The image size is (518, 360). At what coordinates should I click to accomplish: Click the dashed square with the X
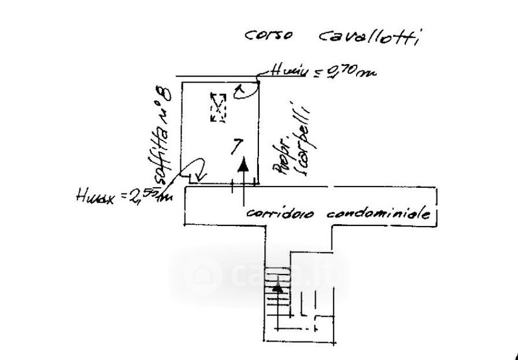218,107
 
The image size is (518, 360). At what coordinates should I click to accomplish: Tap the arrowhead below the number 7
243,164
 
